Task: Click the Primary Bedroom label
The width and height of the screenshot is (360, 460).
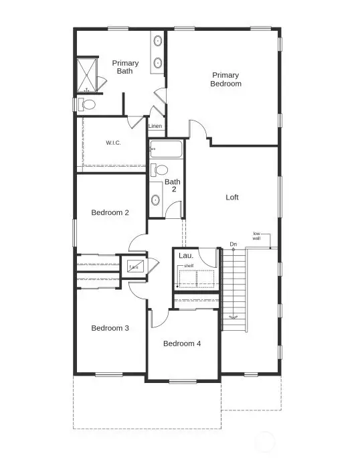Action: pos(226,79)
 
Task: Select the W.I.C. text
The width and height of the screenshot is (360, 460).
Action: pos(112,143)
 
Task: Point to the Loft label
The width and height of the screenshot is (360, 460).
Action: pos(232,198)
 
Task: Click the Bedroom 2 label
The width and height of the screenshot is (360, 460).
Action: pos(110,212)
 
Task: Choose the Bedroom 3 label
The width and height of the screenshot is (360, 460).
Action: pos(110,328)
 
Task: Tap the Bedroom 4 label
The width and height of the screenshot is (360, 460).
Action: pos(182,343)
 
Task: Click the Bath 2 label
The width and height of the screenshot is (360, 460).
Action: pos(173,185)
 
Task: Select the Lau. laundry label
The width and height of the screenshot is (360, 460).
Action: pos(185,256)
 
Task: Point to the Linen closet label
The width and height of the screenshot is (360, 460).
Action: pos(155,126)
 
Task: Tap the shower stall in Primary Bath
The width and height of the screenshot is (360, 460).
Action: pos(87,74)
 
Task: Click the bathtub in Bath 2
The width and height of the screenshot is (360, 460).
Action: pos(166,148)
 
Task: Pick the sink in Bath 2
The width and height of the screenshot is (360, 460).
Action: pos(156,200)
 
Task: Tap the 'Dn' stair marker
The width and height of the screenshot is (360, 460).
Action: pos(233,244)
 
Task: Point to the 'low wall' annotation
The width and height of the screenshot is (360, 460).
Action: pos(257,235)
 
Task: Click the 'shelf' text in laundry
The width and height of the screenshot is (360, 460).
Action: pos(189,266)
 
